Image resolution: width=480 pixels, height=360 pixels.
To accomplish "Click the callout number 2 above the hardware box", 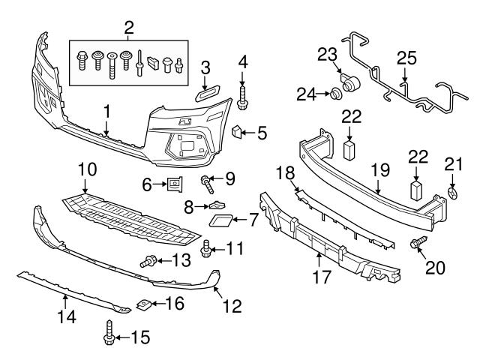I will [129, 28].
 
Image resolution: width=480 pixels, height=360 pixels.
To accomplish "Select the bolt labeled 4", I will [242, 97].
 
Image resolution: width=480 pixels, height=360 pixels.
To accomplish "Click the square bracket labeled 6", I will [175, 181].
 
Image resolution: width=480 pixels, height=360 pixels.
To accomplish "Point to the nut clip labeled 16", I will [142, 304].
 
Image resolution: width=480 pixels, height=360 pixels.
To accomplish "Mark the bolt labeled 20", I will [415, 243].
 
